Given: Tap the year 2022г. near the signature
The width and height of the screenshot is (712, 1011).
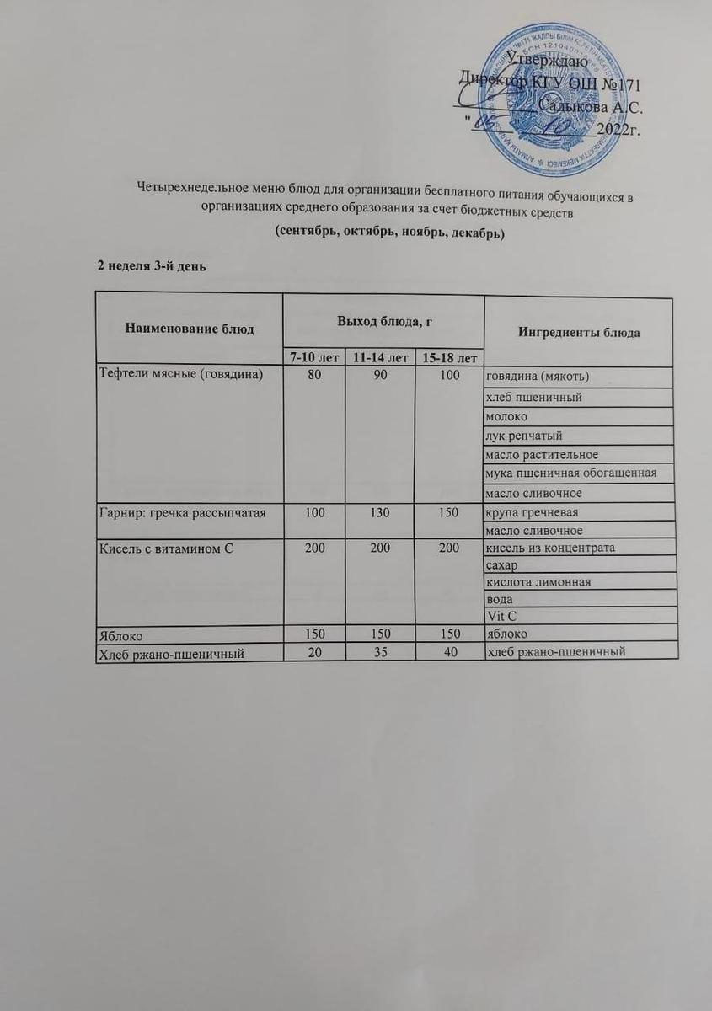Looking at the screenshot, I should (x=618, y=131).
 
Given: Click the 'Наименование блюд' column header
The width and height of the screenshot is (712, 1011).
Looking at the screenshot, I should (x=190, y=329).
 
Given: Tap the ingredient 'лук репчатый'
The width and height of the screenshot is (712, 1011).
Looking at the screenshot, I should (x=522, y=436).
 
